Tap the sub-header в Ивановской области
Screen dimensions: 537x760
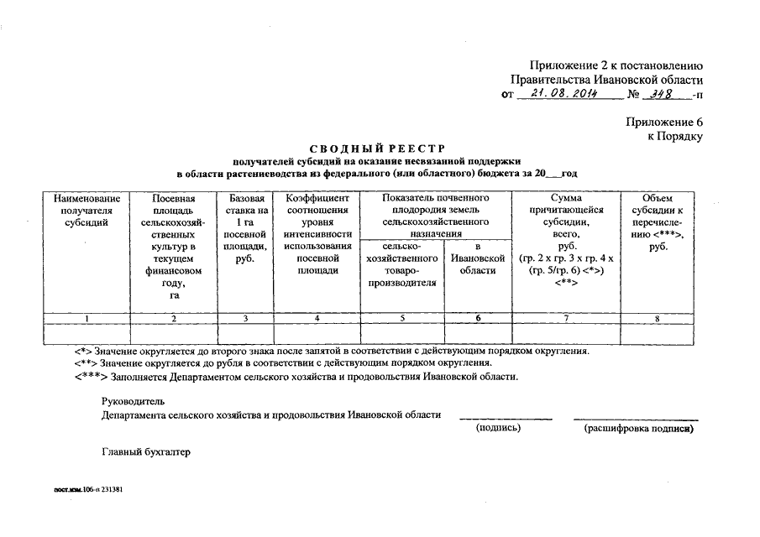pos(478,259)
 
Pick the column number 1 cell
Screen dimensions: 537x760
pos(86,318)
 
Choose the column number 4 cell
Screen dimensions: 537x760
pos(316,318)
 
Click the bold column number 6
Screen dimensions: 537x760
pos(478,318)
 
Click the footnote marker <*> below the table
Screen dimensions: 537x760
pos(83,350)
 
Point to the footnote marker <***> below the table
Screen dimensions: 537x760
pos(88,377)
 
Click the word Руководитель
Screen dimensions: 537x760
pos(128,401)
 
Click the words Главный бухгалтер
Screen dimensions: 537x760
pos(146,452)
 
